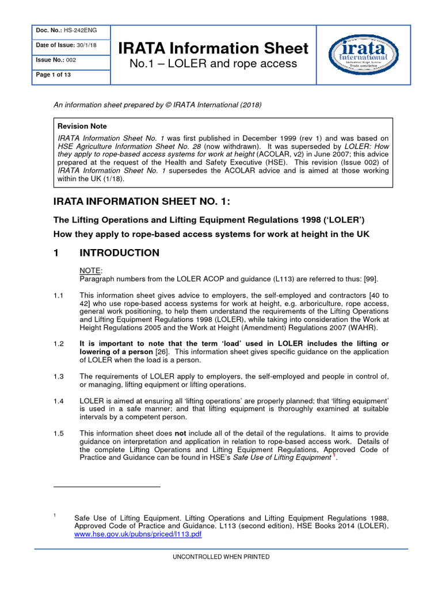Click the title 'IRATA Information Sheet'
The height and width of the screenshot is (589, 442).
214,48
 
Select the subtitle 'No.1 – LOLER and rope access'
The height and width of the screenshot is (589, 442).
214,64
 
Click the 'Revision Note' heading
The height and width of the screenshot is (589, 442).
82,126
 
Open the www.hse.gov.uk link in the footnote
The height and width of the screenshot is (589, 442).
138,534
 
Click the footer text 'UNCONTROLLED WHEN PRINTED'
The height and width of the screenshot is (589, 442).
221,557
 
